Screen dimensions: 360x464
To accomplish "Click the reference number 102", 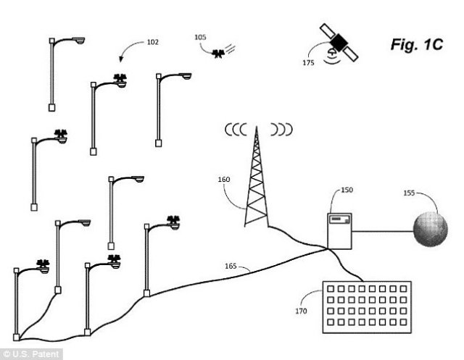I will pyautogui.click(x=153, y=41).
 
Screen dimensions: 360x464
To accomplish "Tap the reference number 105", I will pyautogui.click(x=201, y=35).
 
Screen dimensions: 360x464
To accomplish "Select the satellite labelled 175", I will pyautogui.click(x=336, y=41).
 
